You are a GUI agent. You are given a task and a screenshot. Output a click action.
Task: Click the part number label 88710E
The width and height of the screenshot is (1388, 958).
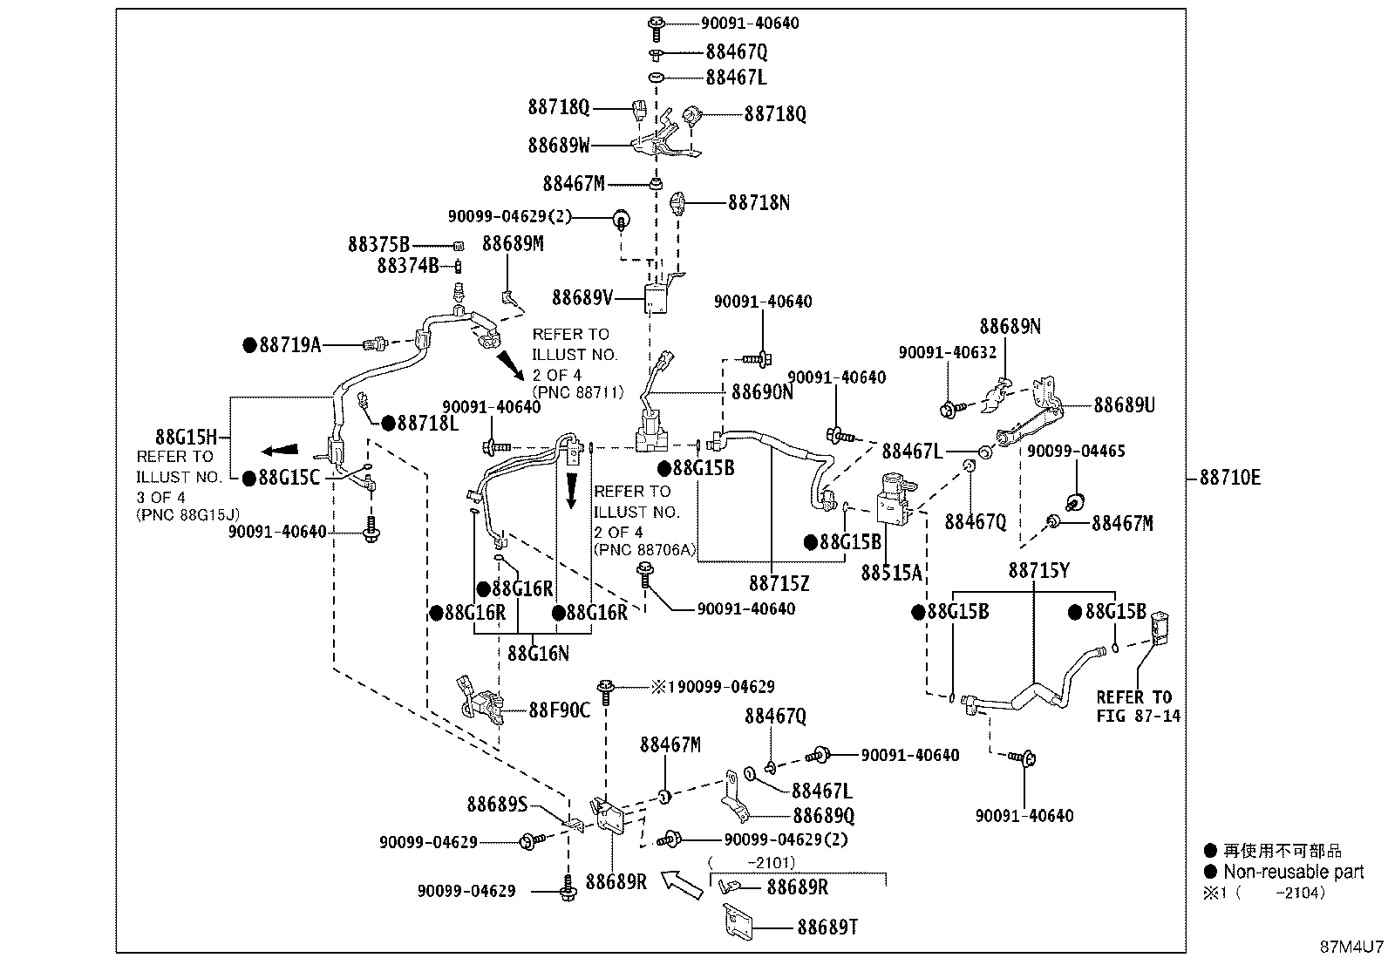click(1230, 478)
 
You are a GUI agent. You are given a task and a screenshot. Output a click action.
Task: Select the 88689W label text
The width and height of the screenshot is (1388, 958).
click(558, 146)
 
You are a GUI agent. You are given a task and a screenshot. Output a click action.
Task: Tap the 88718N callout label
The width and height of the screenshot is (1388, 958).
click(759, 202)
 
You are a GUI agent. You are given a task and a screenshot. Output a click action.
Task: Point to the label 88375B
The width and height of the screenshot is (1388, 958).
click(378, 245)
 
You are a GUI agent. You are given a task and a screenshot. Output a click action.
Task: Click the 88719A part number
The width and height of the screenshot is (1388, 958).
click(290, 345)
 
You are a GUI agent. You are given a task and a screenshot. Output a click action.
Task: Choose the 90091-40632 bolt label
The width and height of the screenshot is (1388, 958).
click(948, 352)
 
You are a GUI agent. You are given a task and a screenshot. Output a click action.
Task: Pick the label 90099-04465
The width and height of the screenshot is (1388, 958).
click(1076, 452)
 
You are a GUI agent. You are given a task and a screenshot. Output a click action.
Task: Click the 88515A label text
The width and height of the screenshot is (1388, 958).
click(891, 574)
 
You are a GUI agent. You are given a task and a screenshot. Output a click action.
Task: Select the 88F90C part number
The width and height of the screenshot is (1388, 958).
click(559, 710)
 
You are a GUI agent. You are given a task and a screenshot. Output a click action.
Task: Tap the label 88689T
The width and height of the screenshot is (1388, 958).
click(827, 927)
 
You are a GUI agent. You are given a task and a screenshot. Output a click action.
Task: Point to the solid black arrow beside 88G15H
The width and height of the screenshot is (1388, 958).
click(280, 451)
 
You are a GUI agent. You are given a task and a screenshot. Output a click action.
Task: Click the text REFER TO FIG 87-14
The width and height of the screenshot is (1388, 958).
click(1139, 706)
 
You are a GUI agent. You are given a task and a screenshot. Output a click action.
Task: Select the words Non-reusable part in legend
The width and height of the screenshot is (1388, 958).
click(1293, 872)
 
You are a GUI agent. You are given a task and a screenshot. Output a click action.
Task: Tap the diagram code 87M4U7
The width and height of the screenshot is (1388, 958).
click(1351, 947)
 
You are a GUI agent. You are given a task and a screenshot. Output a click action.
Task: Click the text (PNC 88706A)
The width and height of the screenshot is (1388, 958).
click(645, 550)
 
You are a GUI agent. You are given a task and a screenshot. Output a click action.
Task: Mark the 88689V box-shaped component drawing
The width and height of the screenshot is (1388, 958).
click(656, 299)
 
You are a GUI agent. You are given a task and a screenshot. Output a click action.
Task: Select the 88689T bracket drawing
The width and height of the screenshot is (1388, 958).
click(738, 921)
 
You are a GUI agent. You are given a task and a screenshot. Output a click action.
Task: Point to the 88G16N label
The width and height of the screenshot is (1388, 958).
click(538, 653)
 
